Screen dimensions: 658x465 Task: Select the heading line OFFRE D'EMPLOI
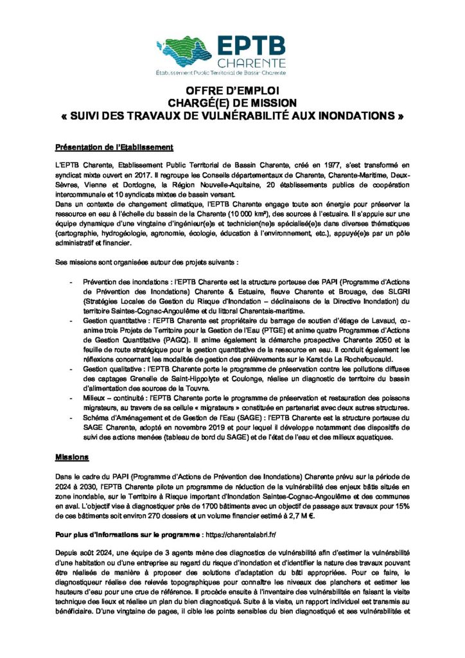point(232,91)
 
